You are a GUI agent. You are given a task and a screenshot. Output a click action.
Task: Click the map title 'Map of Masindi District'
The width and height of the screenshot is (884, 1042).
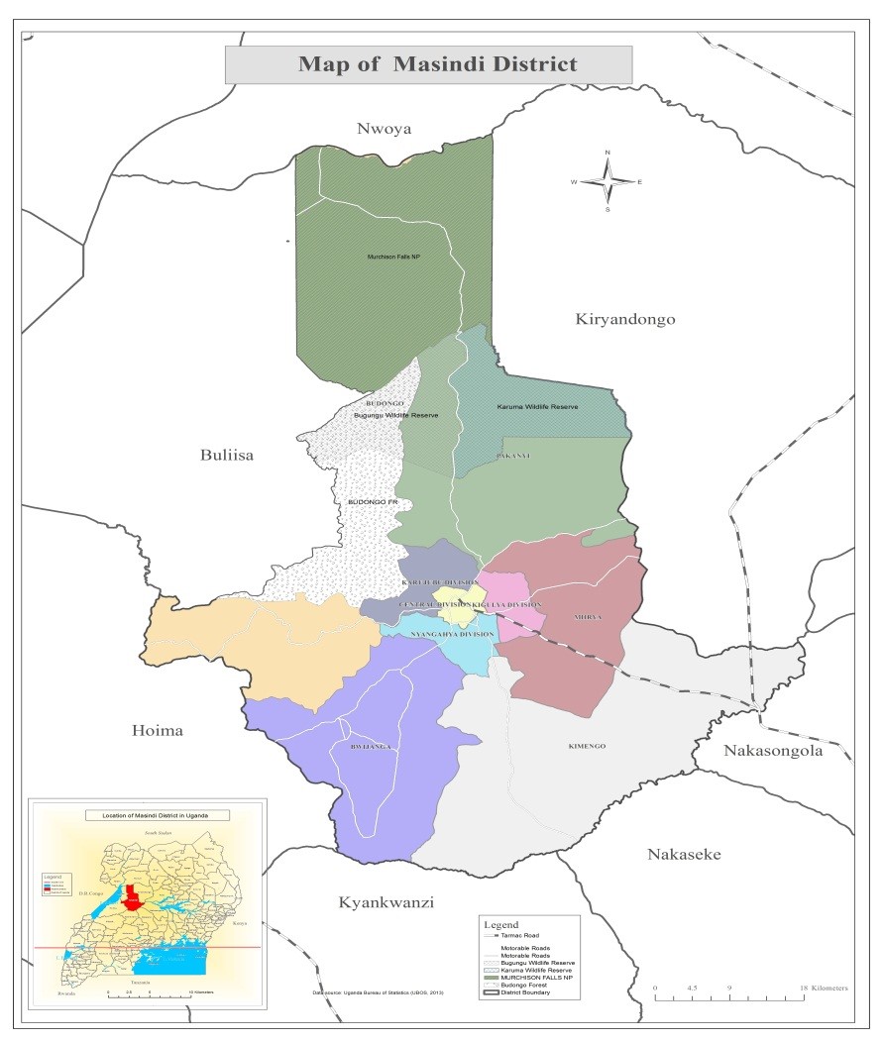tap(437, 65)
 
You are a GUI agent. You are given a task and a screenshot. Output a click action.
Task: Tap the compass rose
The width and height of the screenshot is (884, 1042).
tap(608, 181)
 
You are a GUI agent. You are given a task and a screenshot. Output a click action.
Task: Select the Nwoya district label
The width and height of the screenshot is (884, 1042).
tap(384, 128)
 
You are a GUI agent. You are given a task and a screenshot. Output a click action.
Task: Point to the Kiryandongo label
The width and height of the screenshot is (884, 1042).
tap(624, 319)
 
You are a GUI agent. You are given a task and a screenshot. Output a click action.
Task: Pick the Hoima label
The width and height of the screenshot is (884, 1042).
tap(158, 731)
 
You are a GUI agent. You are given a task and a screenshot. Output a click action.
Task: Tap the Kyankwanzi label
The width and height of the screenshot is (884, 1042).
tap(387, 902)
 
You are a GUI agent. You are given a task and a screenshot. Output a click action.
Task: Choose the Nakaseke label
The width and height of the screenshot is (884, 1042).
tap(684, 855)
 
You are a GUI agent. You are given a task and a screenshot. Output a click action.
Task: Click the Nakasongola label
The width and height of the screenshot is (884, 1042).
tap(773, 751)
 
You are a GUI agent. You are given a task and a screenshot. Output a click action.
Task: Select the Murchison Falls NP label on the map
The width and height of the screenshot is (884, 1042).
tap(393, 257)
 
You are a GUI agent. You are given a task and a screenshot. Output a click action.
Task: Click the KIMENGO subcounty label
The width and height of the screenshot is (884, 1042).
tap(587, 746)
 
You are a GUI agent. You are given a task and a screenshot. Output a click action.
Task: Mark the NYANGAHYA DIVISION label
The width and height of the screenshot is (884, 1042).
tap(452, 634)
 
